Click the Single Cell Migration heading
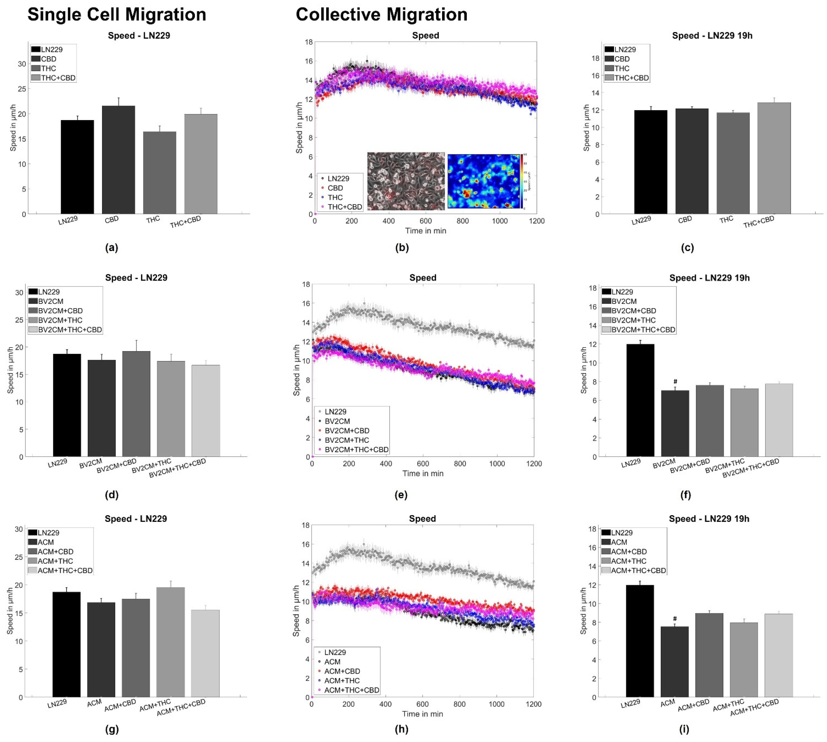(x=117, y=15)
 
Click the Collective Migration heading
(x=381, y=15)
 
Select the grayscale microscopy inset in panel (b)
(x=406, y=181)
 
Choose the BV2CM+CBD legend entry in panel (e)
(x=347, y=431)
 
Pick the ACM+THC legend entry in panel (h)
(x=342, y=681)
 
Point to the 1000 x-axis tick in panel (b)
(x=500, y=221)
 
